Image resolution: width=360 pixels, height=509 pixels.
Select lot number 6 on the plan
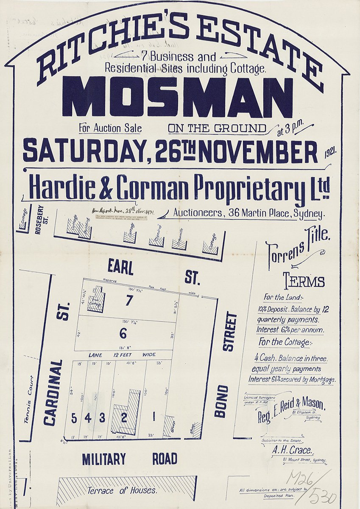pyautogui.click(x=123, y=333)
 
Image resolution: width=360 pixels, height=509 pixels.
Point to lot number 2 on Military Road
pyautogui.click(x=124, y=418)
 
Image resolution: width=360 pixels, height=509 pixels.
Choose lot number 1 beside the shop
pyautogui.click(x=153, y=418)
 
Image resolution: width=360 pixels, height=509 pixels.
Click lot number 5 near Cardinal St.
pyautogui.click(x=74, y=418)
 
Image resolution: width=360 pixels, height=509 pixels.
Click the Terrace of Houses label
pyautogui.click(x=122, y=491)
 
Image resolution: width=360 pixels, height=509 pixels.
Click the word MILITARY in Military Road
pyautogui.click(x=104, y=459)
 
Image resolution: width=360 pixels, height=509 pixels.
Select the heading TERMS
pyautogui.click(x=304, y=281)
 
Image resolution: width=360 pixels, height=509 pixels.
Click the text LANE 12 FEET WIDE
pyautogui.click(x=122, y=355)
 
